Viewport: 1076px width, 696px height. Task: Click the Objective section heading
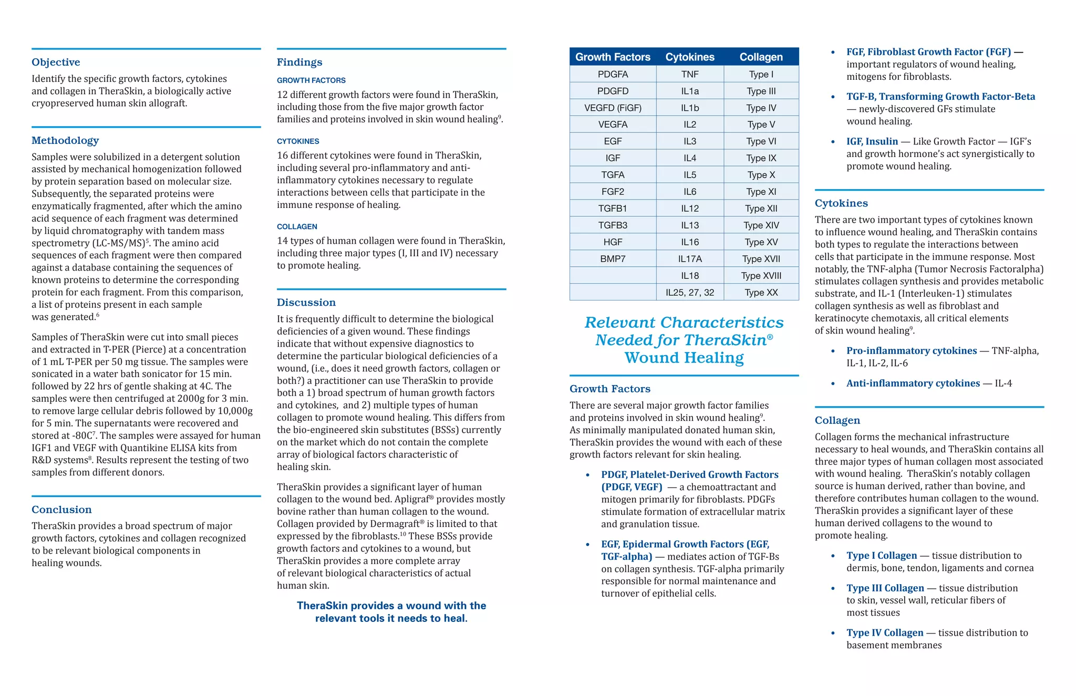pyautogui.click(x=56, y=62)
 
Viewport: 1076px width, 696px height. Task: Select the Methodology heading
pyautogui.click(x=65, y=140)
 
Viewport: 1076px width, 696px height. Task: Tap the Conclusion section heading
pyautogui.click(x=61, y=510)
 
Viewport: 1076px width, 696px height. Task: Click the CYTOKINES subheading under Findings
pyautogui.click(x=298, y=141)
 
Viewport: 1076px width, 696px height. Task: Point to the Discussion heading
pyautogui.click(x=306, y=303)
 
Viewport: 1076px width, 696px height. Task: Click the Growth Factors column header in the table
pyautogui.click(x=613, y=57)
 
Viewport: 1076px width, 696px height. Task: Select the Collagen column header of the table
pyautogui.click(x=761, y=57)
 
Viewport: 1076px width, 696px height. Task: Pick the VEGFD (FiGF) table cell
pyautogui.click(x=613, y=108)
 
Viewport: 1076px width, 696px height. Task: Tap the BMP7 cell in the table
pyautogui.click(x=613, y=259)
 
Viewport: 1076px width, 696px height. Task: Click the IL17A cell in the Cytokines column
pyautogui.click(x=690, y=259)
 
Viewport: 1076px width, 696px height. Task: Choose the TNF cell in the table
pyautogui.click(x=690, y=74)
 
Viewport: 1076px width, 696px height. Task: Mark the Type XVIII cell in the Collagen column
pyautogui.click(x=761, y=276)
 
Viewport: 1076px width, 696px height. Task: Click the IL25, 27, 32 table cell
pyautogui.click(x=690, y=293)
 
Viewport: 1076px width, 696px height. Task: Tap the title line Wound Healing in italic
pyautogui.click(x=684, y=358)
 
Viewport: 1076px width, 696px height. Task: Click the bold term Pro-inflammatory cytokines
pyautogui.click(x=912, y=351)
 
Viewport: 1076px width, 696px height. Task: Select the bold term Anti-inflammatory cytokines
pyautogui.click(x=913, y=383)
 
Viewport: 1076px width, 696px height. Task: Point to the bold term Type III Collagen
pyautogui.click(x=885, y=588)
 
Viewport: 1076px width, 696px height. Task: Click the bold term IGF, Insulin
pyautogui.click(x=872, y=142)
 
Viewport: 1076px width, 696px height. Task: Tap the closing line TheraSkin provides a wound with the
pyautogui.click(x=391, y=606)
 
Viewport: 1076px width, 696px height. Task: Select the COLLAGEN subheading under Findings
pyautogui.click(x=297, y=226)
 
